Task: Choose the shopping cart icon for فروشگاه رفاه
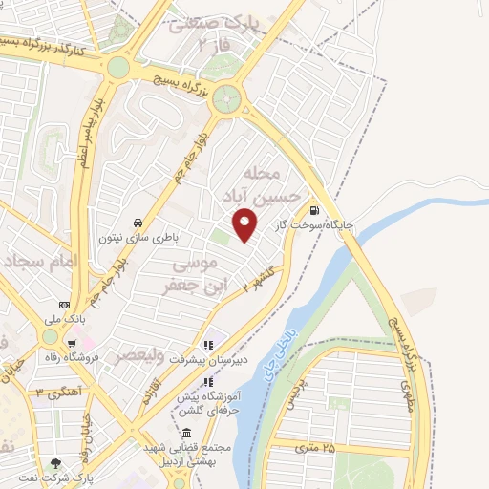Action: tap(71, 344)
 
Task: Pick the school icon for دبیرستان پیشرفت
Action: tap(207, 346)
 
